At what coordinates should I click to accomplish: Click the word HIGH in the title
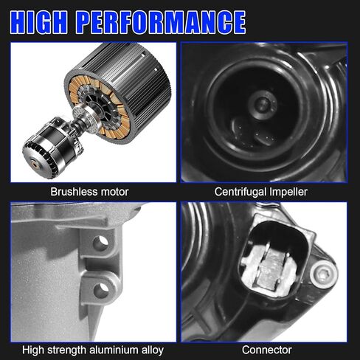pos(54,21)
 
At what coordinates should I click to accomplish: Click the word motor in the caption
pos(114,192)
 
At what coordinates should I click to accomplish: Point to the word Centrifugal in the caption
pos(241,192)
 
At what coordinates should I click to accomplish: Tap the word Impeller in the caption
pos(294,192)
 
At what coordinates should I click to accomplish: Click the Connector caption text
pos(267,350)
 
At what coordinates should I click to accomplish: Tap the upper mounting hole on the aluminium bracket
pos(101,242)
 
